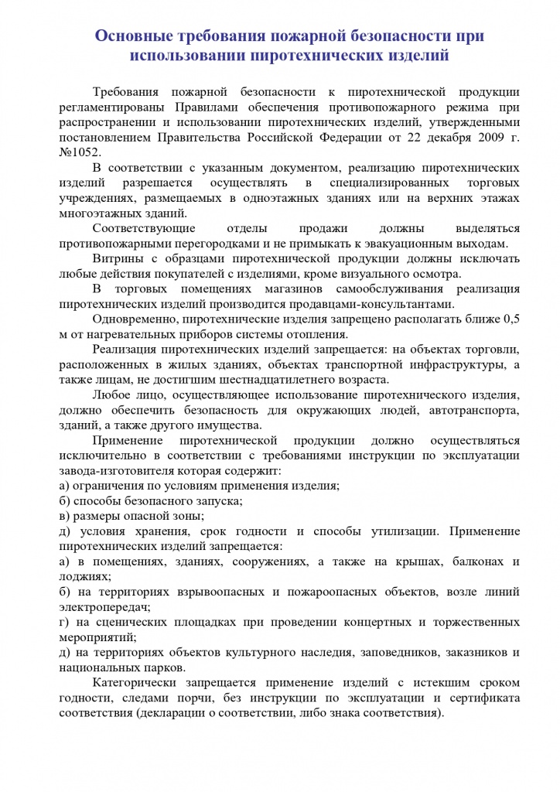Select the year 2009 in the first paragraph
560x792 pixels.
472,137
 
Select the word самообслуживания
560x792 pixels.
382,288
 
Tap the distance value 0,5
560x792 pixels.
510,319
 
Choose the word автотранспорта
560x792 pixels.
471,409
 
